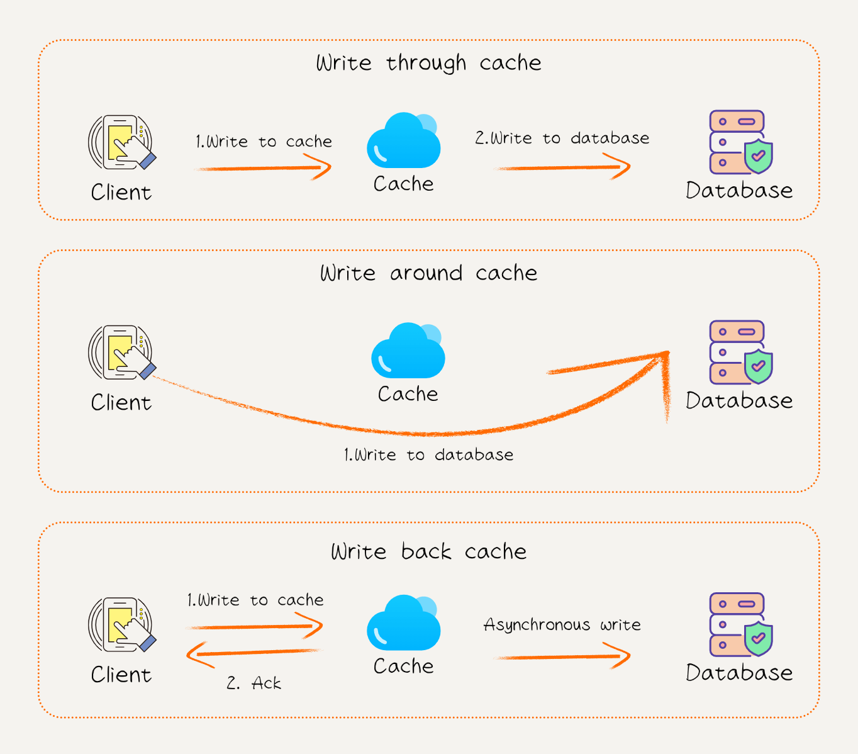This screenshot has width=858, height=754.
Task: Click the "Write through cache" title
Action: point(428,63)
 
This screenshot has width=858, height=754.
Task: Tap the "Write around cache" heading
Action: point(428,273)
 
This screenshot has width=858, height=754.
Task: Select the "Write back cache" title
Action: point(428,551)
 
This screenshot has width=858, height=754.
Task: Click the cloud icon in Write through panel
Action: point(404,141)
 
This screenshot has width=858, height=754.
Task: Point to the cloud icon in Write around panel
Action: point(408,351)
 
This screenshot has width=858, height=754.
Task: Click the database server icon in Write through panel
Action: point(740,142)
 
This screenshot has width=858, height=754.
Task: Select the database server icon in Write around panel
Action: point(740,352)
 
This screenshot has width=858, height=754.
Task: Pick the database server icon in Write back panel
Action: point(740,624)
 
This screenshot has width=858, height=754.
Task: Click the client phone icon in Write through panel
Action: point(121,142)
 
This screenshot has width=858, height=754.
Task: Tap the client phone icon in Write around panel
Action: point(121,352)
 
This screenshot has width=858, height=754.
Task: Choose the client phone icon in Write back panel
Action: point(121,624)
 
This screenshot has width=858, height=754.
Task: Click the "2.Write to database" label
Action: point(562,138)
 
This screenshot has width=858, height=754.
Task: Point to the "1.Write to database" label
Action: point(428,454)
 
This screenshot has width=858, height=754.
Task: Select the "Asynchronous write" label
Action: point(562,624)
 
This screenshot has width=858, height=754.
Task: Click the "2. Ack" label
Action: point(254,683)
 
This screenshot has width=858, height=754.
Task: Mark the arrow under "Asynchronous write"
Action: point(563,656)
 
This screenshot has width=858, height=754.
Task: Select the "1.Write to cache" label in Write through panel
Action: point(264,142)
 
